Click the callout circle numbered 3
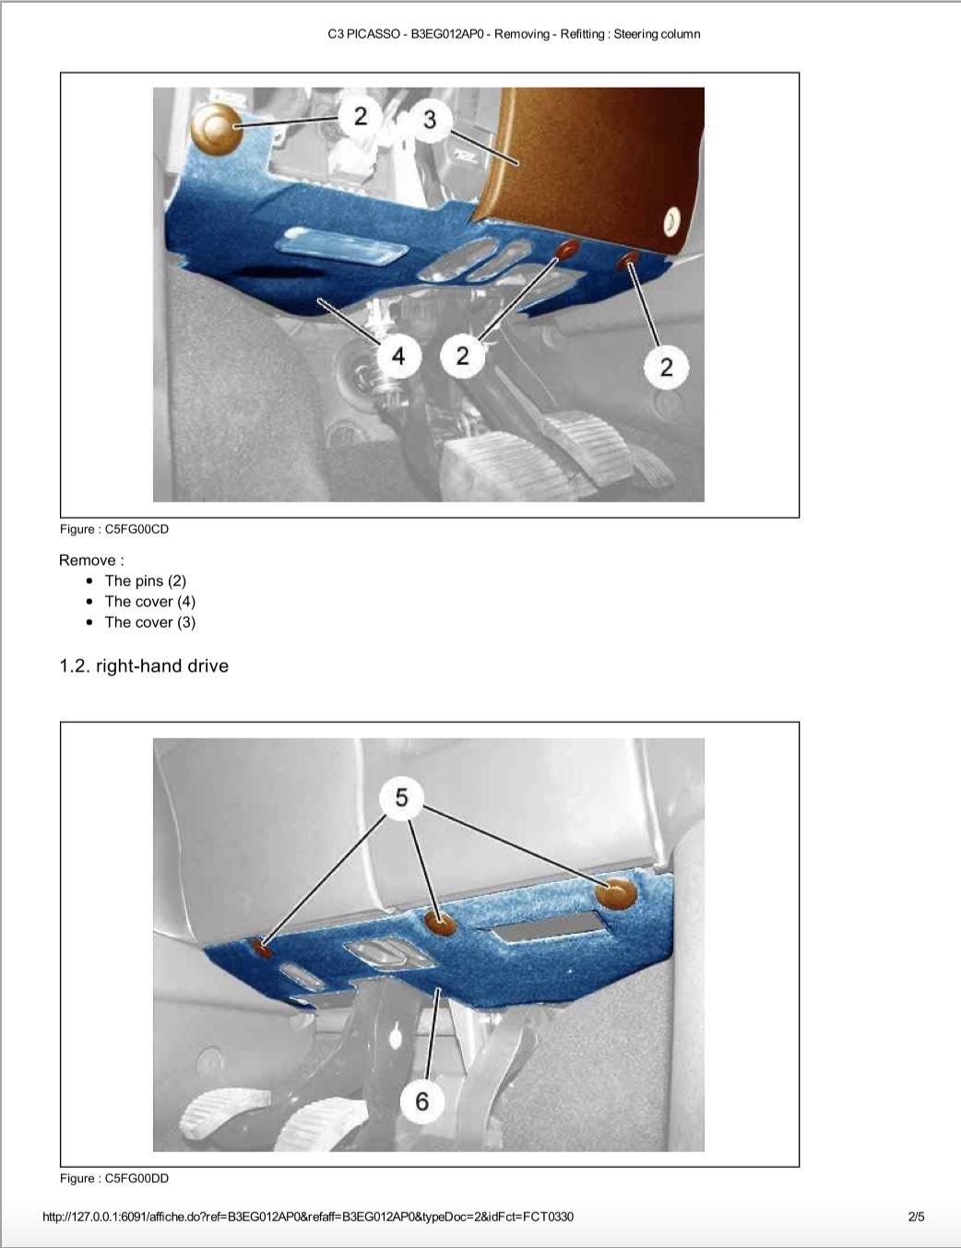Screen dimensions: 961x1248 tap(430, 120)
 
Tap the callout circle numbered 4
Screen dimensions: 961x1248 tap(398, 356)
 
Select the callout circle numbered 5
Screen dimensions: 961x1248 tap(401, 797)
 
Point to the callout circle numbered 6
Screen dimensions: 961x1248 tap(422, 1101)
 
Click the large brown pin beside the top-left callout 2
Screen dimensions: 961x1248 tap(216, 129)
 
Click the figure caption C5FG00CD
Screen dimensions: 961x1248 tap(114, 529)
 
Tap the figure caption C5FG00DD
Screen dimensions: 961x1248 tap(114, 1179)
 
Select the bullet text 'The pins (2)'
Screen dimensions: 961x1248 tap(146, 581)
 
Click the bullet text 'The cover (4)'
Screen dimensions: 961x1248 tap(150, 601)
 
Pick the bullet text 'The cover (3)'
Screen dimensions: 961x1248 tap(150, 622)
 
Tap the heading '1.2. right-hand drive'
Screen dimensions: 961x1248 tap(144, 665)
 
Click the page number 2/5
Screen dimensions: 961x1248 tap(917, 1217)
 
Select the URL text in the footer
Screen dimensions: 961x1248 tap(308, 1217)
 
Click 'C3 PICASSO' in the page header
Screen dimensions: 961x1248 tap(363, 34)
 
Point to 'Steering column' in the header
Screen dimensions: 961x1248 tap(658, 34)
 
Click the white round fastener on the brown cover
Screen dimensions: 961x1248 tap(670, 222)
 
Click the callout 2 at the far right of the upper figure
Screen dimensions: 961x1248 tap(666, 367)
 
